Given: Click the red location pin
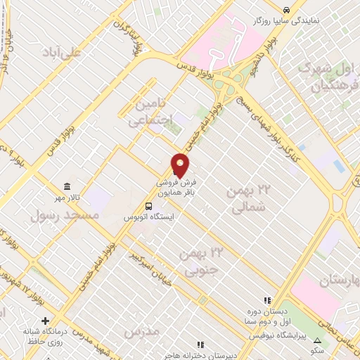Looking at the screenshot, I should coord(181,165).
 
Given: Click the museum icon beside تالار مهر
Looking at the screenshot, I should coord(67,186).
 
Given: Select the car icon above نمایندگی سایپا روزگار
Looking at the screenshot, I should coord(286,10).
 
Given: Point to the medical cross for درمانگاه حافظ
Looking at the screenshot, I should coord(46,321).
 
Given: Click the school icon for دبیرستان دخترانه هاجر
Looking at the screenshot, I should coord(200,345).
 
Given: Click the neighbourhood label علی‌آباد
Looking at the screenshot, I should coord(61,52).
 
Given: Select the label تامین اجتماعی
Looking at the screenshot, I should coord(150,112).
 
